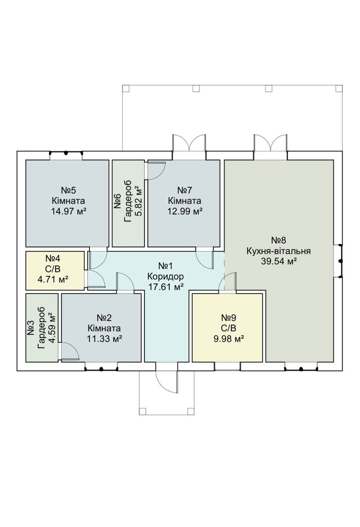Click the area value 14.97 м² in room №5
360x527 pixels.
coord(68,212)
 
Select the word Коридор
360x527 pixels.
coord(166,276)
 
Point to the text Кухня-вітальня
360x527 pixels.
coord(278,251)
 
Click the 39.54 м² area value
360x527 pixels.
coord(278,261)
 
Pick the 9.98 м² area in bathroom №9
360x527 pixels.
coord(229,339)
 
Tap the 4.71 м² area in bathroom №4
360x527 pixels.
coord(53,280)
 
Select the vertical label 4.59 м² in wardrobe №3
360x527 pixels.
coord(52,328)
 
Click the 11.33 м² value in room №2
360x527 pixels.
coord(104,339)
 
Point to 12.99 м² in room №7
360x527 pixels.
coord(185,212)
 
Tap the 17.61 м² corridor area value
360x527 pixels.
coord(166,287)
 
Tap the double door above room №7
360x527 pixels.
coord(189,143)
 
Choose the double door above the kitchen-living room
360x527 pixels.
coord(270,143)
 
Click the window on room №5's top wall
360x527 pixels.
coord(66,153)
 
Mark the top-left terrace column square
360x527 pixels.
coord(126,89)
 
